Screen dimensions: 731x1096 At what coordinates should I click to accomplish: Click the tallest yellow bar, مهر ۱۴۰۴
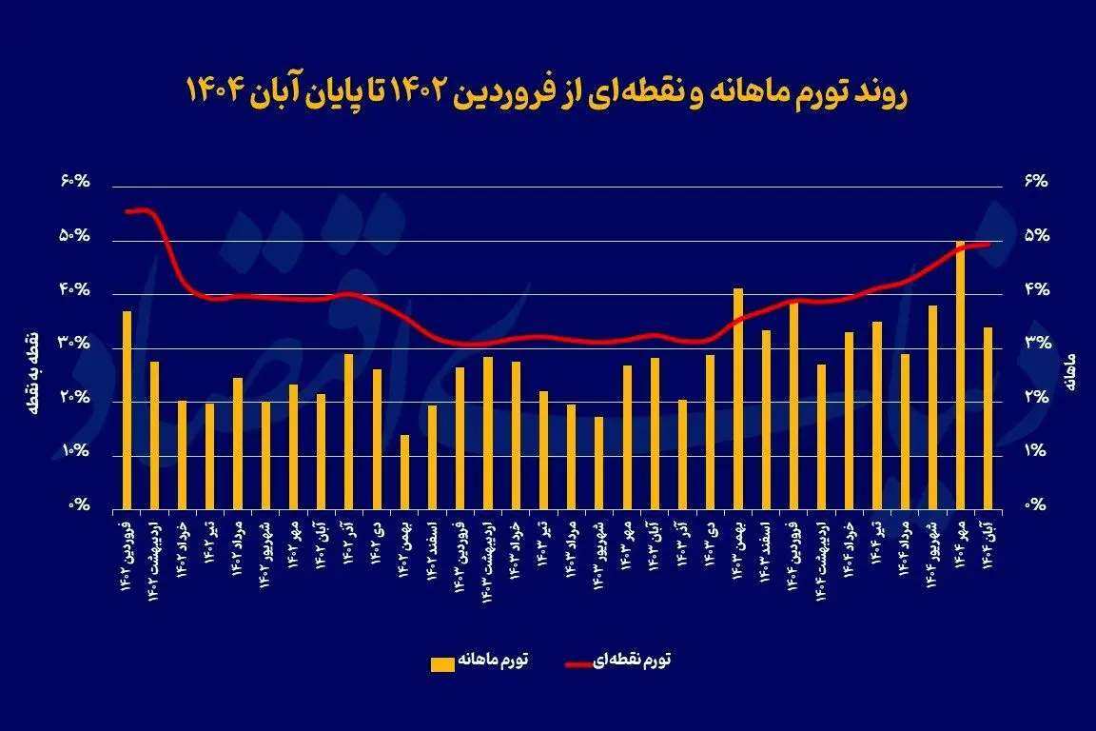click(x=960, y=375)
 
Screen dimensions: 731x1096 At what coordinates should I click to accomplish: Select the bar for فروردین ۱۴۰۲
click(x=127, y=409)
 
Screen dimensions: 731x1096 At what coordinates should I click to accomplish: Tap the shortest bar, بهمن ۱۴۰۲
click(x=404, y=471)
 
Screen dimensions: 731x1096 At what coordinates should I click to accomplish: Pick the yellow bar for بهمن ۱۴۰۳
click(x=737, y=398)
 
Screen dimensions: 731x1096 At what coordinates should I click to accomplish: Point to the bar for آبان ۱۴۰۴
click(x=988, y=417)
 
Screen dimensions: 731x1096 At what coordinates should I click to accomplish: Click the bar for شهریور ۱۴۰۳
click(x=598, y=462)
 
